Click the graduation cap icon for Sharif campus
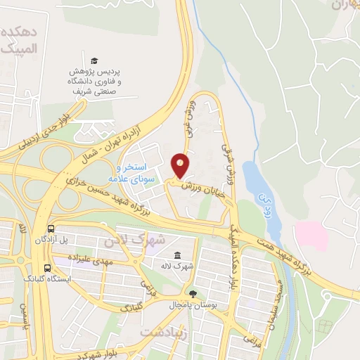pos(95,61)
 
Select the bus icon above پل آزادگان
pos(51,229)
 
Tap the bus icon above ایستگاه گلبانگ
pos(47,267)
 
